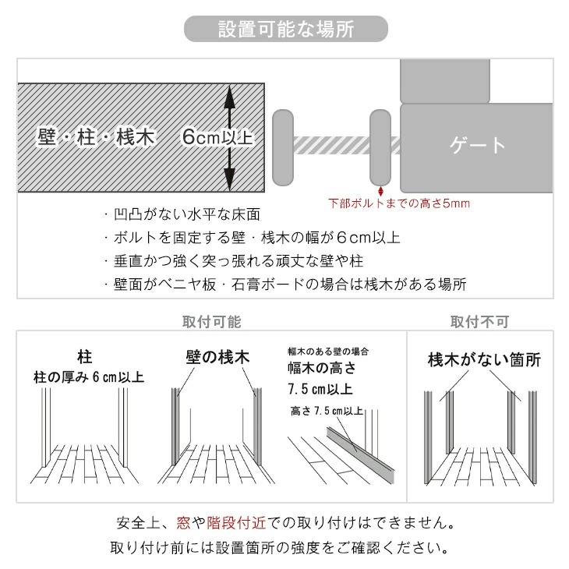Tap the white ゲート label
point(478,145)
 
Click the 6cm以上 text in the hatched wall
point(217,137)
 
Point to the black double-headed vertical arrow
point(230,137)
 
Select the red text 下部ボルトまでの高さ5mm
point(399,204)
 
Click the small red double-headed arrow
point(380,190)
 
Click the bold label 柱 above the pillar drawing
point(85,357)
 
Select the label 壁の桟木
point(217,357)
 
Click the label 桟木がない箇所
point(484,360)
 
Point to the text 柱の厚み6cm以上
point(88,377)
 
